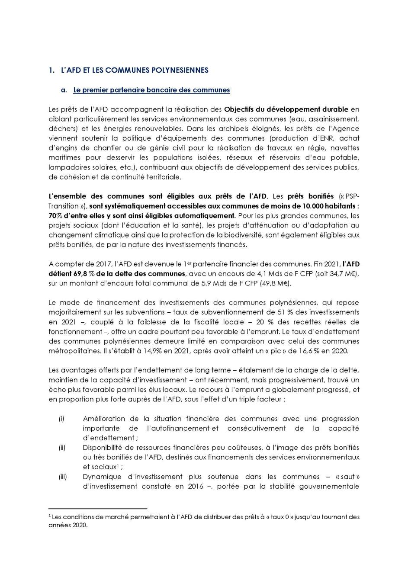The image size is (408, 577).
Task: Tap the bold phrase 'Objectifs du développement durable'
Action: coord(286,109)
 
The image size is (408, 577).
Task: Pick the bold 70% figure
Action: coord(55,215)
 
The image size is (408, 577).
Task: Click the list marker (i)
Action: coord(61,419)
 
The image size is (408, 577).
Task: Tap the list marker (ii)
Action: coord(62,448)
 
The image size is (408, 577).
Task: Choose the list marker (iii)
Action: coord(63,477)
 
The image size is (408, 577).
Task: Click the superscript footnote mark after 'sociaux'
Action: coord(118,465)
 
